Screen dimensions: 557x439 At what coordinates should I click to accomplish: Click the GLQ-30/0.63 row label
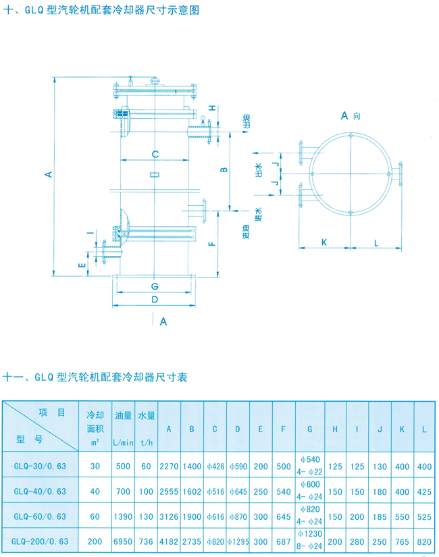pos(40,467)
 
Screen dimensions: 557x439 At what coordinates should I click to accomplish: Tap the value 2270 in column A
pos(169,467)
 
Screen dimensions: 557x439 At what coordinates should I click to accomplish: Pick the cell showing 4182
pos(169,541)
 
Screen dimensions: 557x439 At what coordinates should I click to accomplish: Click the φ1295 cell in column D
pos(238,541)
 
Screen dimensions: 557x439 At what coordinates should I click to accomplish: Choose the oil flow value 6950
pos(123,541)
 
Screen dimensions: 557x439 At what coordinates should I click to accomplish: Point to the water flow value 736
pos(146,541)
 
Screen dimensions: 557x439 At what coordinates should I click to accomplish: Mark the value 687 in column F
pos(284,541)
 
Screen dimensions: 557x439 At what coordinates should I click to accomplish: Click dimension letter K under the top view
pos(324,241)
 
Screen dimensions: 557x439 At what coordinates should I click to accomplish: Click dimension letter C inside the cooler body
pos(155,154)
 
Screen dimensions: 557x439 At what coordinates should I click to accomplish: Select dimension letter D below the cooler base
pos(155,298)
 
